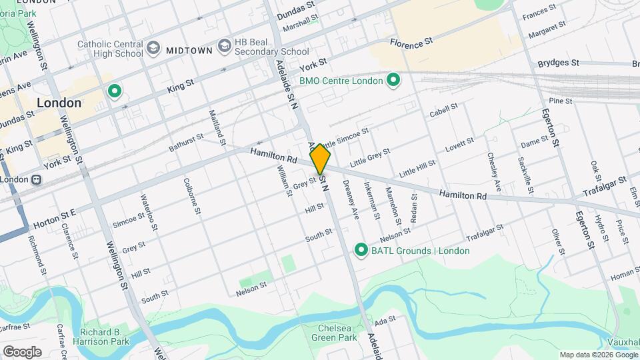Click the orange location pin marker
point(321,159)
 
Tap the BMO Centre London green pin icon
point(393,81)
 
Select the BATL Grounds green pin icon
point(361,251)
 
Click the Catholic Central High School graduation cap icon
point(154,47)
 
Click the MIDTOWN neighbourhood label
point(189,50)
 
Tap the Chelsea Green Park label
point(335,332)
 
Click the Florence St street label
point(411,43)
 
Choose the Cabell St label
point(443,109)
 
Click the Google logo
point(22,351)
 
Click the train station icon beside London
point(37,179)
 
